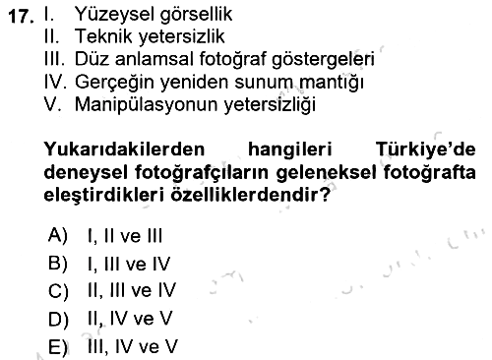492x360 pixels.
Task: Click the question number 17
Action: [21, 17]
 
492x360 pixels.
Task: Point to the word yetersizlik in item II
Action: [182, 37]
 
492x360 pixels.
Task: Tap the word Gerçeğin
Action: [114, 83]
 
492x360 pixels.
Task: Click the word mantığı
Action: [332, 83]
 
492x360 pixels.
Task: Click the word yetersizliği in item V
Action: [270, 105]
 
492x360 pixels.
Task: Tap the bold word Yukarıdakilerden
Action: [124, 150]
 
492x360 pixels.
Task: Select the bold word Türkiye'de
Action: [426, 150]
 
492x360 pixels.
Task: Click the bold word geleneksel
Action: [326, 173]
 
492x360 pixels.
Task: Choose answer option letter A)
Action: [57, 235]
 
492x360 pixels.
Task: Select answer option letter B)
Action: [58, 264]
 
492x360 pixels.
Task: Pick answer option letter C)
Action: [58, 291]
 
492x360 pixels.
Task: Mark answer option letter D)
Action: [58, 320]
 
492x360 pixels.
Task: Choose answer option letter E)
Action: [58, 347]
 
